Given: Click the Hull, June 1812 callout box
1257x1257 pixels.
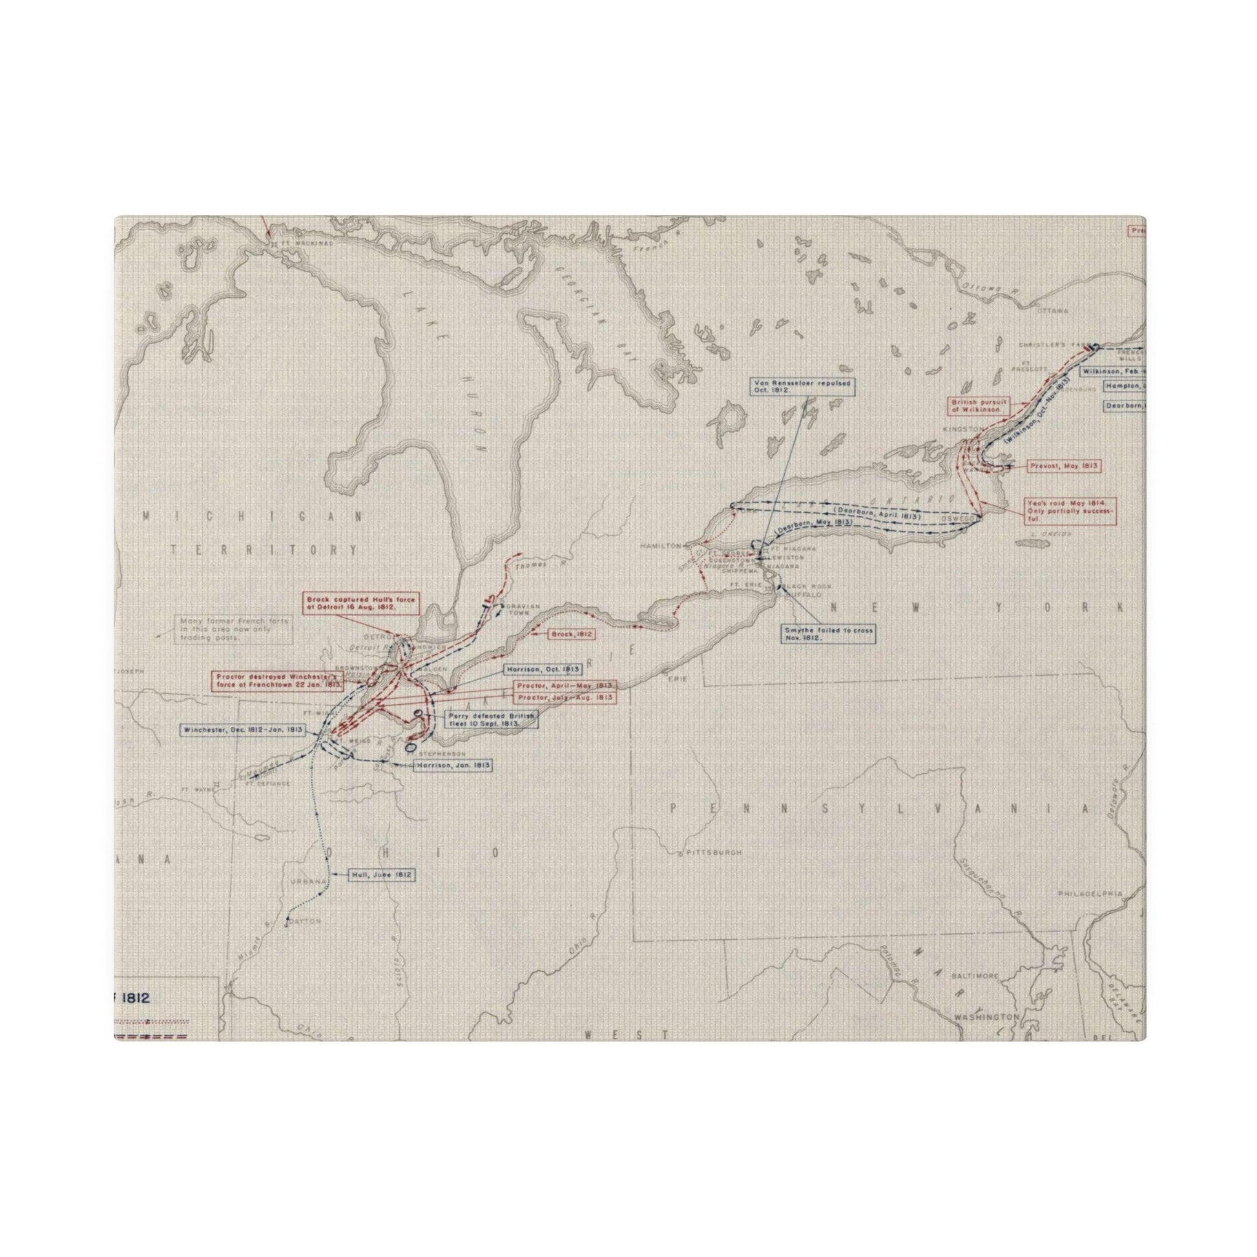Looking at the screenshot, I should [x=382, y=875].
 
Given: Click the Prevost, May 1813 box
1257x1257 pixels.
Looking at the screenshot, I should [x=1065, y=466].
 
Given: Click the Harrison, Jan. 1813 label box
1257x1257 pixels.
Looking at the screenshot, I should [x=453, y=766].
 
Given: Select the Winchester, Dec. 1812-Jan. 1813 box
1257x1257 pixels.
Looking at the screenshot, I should [x=244, y=729].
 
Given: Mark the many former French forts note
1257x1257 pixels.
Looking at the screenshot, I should [x=233, y=630].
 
